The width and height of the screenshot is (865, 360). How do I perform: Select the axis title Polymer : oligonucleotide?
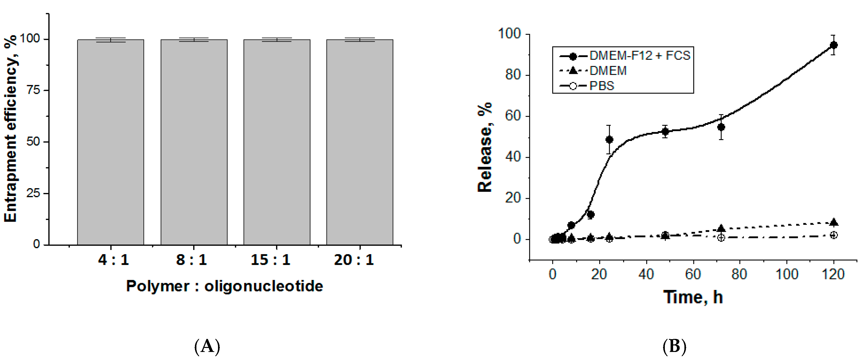tap(224, 286)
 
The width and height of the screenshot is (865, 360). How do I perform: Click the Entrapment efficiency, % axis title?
tap(11, 128)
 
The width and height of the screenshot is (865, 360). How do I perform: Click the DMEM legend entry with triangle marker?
tap(608, 71)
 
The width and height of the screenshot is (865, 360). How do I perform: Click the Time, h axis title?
tap(693, 297)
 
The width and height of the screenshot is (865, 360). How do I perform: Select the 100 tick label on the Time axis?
tap(786, 275)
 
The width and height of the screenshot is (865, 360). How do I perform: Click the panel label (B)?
tap(674, 346)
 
